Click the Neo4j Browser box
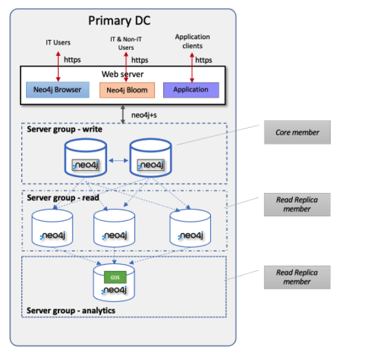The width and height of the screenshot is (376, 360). (x=57, y=90)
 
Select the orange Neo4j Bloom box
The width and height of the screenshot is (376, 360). (x=127, y=90)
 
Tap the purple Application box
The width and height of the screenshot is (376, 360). (x=191, y=90)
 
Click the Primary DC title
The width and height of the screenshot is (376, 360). (x=119, y=21)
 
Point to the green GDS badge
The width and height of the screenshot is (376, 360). (x=115, y=277)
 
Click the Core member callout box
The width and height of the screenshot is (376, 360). (x=297, y=132)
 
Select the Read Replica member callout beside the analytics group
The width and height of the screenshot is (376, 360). (x=297, y=277)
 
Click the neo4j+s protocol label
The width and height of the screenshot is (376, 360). (x=144, y=115)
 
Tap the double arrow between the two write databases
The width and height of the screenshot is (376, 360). (x=118, y=160)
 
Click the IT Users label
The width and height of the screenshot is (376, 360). (x=58, y=43)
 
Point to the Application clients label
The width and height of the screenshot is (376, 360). (x=192, y=41)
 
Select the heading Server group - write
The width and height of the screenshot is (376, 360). (x=65, y=129)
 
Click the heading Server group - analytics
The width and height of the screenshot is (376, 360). (x=71, y=311)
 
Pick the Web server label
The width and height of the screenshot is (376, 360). (x=122, y=75)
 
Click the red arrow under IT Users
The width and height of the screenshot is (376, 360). (x=59, y=67)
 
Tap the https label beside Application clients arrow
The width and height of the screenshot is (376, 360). (x=204, y=60)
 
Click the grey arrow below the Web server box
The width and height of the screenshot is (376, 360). (x=122, y=114)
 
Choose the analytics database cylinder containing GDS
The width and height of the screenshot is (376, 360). (x=114, y=283)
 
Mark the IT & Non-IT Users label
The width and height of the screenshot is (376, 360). (x=126, y=43)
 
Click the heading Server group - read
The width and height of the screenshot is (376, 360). (x=63, y=198)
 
